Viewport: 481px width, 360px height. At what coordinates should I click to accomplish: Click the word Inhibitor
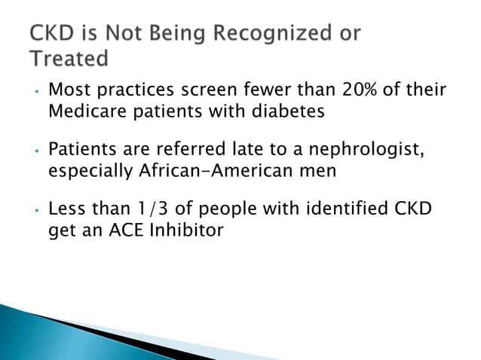pyautogui.click(x=186, y=228)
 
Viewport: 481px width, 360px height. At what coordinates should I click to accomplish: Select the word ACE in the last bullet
pyautogui.click(x=125, y=228)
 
